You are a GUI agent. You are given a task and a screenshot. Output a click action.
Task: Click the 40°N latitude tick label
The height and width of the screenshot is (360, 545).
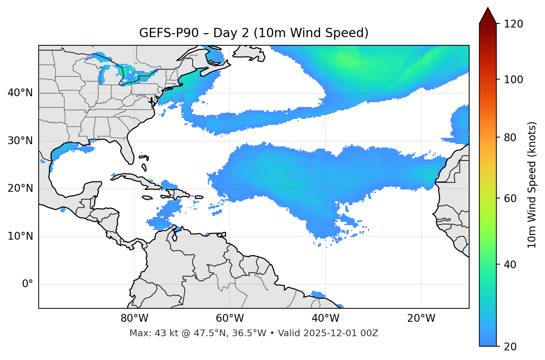20,93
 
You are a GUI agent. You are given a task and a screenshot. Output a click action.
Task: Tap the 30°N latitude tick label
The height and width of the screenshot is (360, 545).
20,141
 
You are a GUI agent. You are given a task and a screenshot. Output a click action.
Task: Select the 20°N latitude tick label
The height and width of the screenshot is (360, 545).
20,189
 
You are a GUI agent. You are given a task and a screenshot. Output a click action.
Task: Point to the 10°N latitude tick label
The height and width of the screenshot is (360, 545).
20,236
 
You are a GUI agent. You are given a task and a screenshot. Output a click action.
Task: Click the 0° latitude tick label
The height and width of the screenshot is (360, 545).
28,284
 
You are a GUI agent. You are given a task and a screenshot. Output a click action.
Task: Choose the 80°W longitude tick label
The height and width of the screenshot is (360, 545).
134,318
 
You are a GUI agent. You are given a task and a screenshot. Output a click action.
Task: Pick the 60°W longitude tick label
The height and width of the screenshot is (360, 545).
230,318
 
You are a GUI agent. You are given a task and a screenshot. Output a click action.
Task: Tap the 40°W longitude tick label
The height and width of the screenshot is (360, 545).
326,318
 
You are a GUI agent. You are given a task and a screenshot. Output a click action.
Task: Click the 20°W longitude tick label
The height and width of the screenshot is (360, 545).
421,318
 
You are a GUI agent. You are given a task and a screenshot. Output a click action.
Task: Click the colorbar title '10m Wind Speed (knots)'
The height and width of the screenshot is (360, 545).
532,185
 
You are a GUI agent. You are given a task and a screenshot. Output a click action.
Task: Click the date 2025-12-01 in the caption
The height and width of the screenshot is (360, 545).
328,333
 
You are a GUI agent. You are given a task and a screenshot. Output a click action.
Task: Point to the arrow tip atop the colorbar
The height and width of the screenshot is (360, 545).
488,8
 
